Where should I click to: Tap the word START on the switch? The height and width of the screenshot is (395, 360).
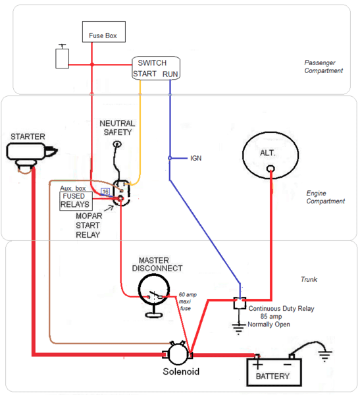[x=145, y=74]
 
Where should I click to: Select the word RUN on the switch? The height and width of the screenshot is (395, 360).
[x=170, y=74]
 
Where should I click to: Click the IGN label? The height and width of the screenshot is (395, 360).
[x=195, y=158]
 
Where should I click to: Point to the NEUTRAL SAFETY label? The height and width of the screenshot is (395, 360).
[x=117, y=128]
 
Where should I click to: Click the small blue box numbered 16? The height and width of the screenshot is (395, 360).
[x=105, y=192]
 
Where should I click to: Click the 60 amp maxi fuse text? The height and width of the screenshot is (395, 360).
[x=187, y=302]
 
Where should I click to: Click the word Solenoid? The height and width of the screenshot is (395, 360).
[x=181, y=371]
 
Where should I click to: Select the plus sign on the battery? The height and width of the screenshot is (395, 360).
[x=257, y=364]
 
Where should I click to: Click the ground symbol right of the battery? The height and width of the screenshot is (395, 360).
[x=325, y=355]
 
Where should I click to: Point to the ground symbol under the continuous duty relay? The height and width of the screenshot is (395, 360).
[x=238, y=329]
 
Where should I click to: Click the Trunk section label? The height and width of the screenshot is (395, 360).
[x=309, y=279]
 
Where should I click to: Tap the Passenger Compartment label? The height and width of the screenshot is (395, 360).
[x=323, y=66]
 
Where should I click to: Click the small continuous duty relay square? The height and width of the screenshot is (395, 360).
[x=240, y=303]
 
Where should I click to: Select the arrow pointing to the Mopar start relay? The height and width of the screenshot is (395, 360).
[x=109, y=208]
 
